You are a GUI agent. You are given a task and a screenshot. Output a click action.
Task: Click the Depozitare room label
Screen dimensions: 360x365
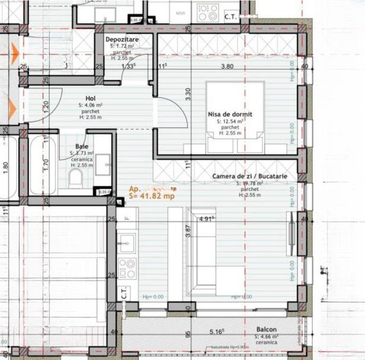(122, 40)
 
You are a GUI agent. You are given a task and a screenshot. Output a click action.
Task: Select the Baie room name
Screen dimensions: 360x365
(82, 146)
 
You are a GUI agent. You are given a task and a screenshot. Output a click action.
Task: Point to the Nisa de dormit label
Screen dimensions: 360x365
(230, 114)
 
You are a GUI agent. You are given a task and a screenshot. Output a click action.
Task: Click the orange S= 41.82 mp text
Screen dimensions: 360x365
(151, 195)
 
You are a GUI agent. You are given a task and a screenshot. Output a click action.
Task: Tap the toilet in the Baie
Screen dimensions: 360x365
(76, 177)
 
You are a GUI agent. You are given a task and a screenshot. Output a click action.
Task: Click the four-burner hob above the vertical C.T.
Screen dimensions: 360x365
(126, 268)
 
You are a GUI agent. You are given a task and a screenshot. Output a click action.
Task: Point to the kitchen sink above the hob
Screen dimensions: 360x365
(126, 242)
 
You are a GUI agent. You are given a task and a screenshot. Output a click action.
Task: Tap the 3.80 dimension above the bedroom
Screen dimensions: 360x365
(226, 66)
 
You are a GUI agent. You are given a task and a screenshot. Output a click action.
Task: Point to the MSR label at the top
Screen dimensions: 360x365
(180, 12)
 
